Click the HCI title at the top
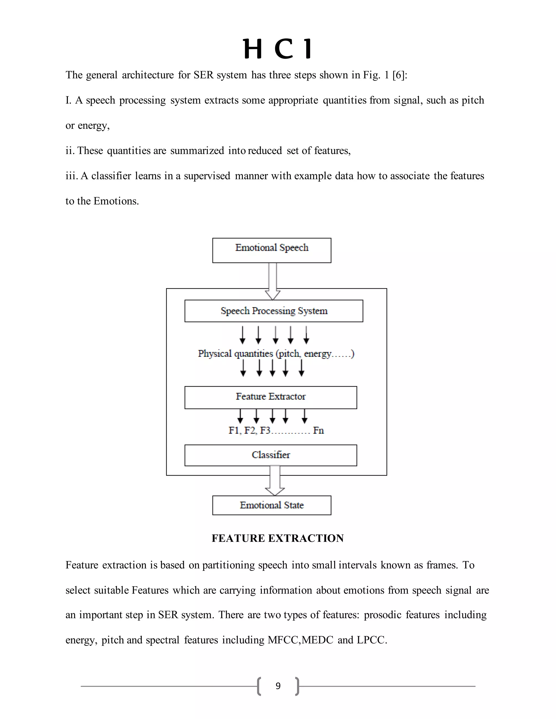278,49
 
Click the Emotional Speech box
272,250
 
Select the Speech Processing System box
274,311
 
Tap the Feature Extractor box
270,397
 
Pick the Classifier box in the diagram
270,455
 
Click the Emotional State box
272,505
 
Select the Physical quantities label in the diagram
276,354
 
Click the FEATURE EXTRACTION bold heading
278,538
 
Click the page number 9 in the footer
278,686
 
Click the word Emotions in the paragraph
116,201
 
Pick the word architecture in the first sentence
148,75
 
